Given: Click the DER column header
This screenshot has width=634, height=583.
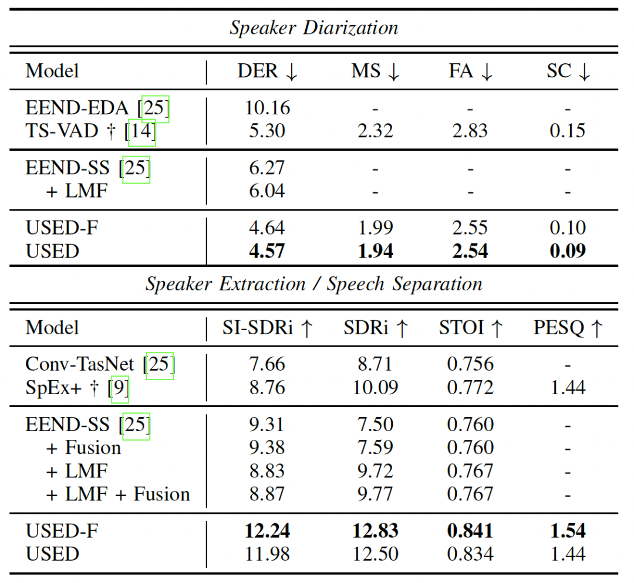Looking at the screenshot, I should click(268, 72).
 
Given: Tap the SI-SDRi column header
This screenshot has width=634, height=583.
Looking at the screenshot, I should click(268, 328).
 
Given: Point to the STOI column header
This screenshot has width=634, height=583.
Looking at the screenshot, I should click(471, 328).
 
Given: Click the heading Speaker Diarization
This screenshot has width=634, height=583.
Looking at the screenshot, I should click(313, 28).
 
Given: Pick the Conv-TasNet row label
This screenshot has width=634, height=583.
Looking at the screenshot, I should click(82, 365).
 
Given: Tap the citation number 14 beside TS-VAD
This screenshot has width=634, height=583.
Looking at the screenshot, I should click(141, 131).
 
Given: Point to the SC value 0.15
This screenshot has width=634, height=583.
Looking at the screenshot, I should click(567, 131).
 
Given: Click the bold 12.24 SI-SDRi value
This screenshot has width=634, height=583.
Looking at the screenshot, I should click(267, 531).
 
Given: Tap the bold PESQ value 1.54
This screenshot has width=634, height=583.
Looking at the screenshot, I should click(567, 531).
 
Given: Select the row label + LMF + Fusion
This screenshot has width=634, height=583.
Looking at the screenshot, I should click(118, 494).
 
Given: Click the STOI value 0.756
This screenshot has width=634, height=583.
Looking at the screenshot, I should click(471, 365).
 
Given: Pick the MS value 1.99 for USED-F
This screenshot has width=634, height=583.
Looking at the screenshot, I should click(375, 228).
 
